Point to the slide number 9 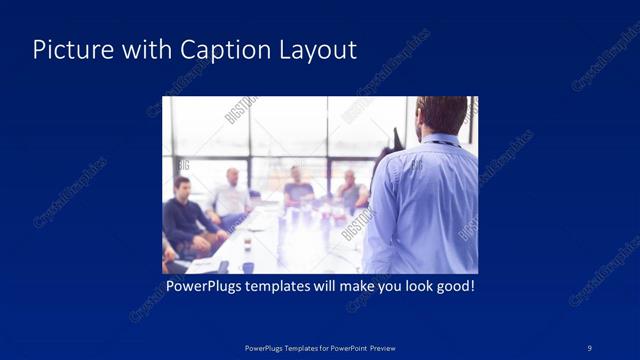pyautogui.click(x=590, y=347)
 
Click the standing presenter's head pyautogui.click(x=441, y=116)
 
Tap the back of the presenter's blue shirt pyautogui.click(x=425, y=205)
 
